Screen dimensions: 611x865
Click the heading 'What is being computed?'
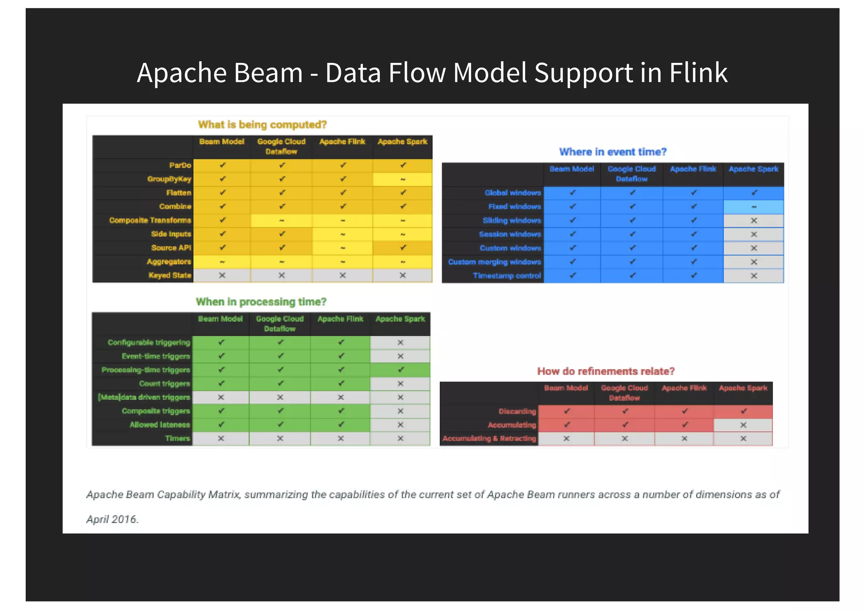pos(262,125)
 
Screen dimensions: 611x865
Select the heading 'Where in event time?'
pos(612,152)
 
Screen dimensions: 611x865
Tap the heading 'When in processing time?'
pos(261,302)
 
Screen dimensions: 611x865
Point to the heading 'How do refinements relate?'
pos(606,371)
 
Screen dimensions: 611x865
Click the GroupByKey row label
pos(169,179)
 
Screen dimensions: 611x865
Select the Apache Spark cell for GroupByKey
pos(403,179)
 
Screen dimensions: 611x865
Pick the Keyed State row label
pos(170,275)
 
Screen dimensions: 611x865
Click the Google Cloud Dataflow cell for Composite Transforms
pos(281,220)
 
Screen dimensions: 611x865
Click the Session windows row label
pos(510,234)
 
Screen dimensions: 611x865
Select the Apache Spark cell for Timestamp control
pos(753,276)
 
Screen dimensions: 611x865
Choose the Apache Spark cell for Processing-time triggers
pos(400,370)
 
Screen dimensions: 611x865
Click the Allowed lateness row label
pos(160,425)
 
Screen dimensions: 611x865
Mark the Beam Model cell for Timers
pos(221,438)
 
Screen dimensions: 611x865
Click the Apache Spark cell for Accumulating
pos(743,425)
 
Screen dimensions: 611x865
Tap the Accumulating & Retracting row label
pos(489,438)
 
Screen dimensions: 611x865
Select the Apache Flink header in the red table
pos(684,388)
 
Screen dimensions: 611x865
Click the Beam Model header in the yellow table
pos(222,142)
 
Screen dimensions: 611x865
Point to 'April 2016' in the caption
pos(112,519)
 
